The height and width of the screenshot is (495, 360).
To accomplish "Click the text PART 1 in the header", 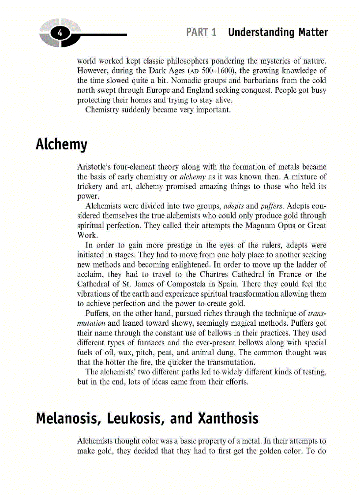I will [201, 33].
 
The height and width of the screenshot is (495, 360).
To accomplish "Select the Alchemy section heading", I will [61, 145].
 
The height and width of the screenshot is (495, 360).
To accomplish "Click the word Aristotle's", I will [96, 167].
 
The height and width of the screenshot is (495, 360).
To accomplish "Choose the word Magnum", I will [256, 225].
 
